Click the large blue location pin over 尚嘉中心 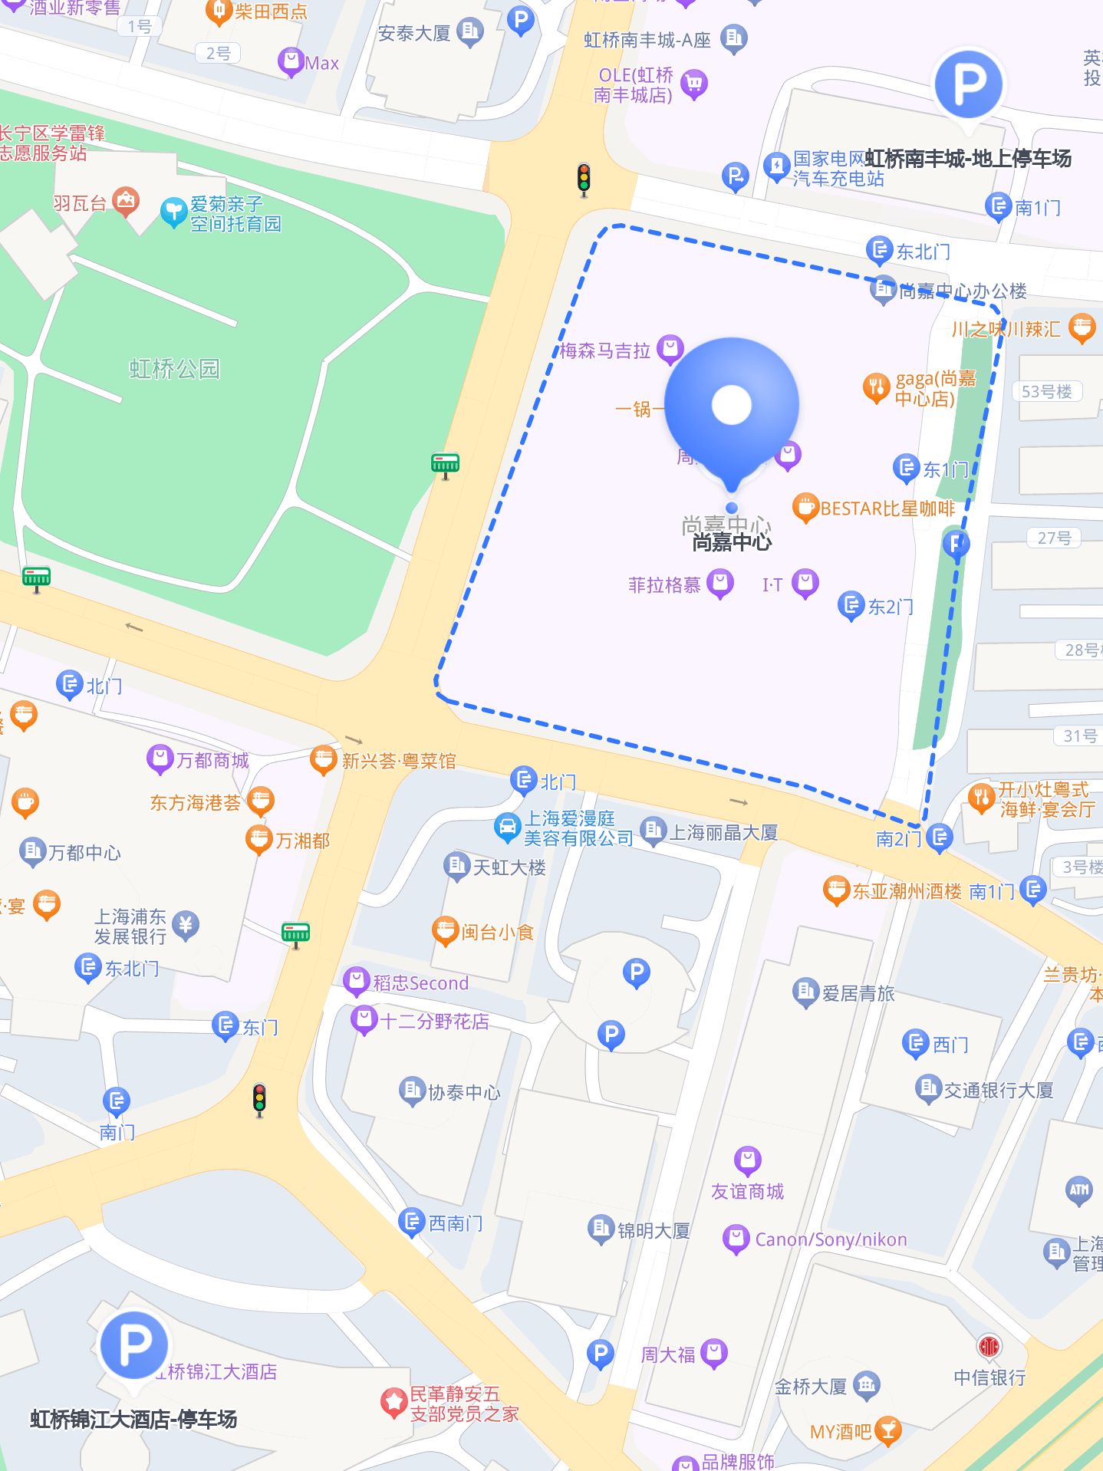click(731, 406)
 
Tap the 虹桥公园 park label click(174, 369)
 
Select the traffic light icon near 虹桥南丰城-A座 click(584, 179)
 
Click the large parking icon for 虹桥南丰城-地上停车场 click(968, 84)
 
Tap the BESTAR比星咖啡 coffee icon click(805, 508)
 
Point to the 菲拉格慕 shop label click(664, 585)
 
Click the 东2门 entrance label click(890, 607)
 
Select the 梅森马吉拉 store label click(605, 351)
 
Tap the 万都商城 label click(212, 760)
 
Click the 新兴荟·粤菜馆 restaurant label click(399, 761)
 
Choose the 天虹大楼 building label click(509, 867)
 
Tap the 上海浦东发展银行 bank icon click(186, 926)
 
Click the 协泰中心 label click(464, 1092)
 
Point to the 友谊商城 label click(747, 1191)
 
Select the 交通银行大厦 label click(998, 1090)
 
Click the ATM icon click(1079, 1190)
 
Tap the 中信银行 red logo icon click(989, 1346)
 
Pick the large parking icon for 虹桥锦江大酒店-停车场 click(134, 1344)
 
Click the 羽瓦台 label click(80, 203)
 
